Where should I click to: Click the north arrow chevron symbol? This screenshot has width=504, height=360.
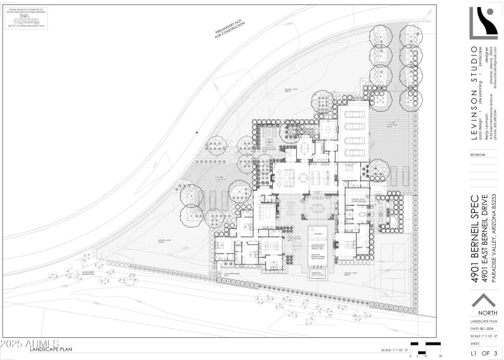[484, 301]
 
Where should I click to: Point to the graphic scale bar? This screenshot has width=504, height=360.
[426, 348]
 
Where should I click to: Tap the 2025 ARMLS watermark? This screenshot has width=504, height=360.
[30, 344]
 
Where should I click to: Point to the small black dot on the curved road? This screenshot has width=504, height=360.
[197, 132]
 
